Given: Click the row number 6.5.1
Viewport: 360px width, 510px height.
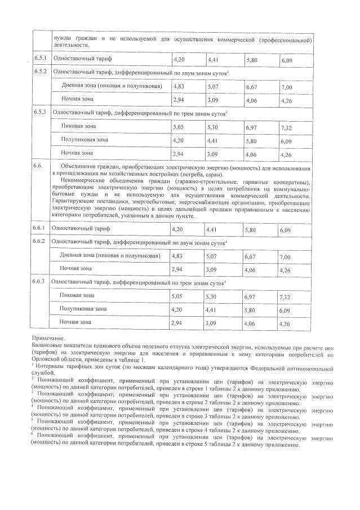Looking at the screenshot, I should (x=41, y=59).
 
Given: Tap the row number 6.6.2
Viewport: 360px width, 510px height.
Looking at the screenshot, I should (x=41, y=242).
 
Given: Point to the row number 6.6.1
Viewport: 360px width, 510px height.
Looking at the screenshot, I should (x=41, y=229).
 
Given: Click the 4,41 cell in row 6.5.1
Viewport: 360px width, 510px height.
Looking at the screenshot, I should (x=215, y=59).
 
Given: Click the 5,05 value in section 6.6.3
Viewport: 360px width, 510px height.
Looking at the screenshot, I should (x=179, y=296).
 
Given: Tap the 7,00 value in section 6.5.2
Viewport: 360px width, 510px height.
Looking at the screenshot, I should (x=288, y=87).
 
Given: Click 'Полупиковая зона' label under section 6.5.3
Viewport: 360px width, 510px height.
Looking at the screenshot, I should (x=85, y=140).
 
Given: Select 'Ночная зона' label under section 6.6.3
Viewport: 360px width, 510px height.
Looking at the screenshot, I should (x=76, y=322).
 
